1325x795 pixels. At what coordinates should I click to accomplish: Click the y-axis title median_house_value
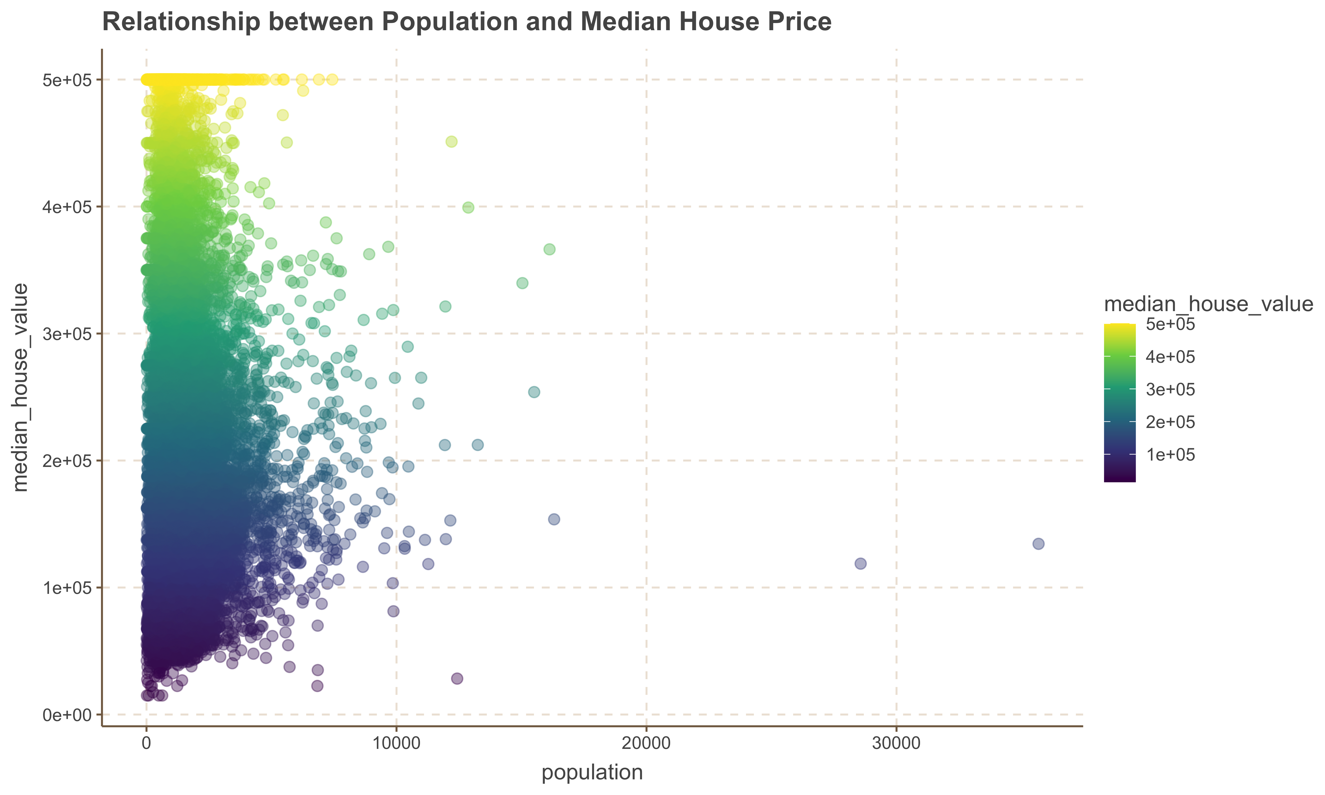coord(20,387)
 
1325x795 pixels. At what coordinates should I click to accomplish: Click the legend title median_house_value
coord(1208,304)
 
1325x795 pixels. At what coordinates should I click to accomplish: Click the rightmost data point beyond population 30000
coord(1038,544)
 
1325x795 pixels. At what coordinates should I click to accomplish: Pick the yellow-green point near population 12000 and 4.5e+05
coord(452,142)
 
